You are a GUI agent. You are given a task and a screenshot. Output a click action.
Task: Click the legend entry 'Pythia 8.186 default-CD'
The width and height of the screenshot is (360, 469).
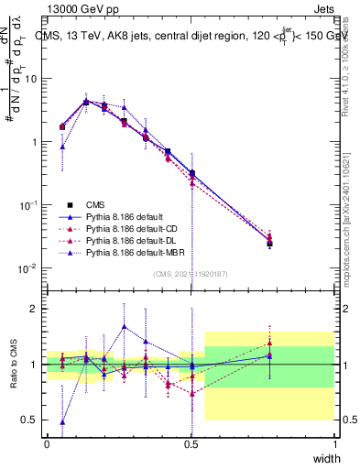coord(131,229)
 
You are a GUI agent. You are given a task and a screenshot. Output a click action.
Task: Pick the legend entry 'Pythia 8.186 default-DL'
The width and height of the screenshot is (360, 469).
coord(131,241)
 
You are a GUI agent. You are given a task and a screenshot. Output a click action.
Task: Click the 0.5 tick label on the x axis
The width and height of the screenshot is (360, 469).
coord(191,443)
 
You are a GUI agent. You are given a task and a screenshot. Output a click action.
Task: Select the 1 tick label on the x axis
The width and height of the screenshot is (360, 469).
coord(335,443)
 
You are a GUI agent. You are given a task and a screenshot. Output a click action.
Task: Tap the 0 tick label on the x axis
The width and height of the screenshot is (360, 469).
coord(48,443)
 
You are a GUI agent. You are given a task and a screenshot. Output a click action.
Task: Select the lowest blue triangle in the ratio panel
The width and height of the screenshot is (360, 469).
coord(62,422)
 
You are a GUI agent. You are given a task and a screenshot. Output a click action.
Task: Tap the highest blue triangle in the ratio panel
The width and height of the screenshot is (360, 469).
coord(125,326)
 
